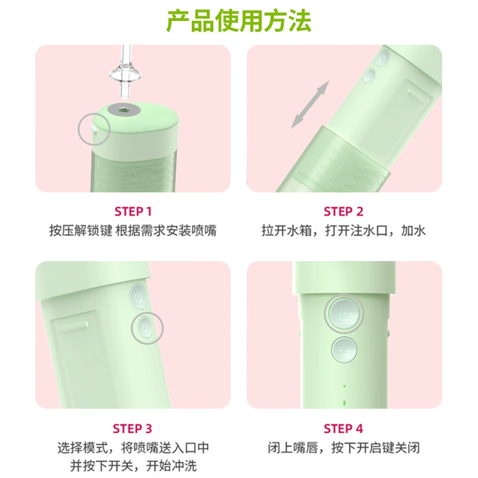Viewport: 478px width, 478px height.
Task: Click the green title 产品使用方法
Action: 238,21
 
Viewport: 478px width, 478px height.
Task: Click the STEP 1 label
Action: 133,212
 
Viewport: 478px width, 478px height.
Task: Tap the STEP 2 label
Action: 344,212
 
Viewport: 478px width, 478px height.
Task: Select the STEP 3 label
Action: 132,428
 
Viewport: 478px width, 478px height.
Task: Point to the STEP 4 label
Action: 344,428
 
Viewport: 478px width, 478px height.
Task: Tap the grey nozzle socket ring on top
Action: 124,109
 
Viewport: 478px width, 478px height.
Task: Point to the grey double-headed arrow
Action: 310,104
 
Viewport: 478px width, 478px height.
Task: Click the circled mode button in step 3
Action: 144,327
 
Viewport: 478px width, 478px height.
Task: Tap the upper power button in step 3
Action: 138,296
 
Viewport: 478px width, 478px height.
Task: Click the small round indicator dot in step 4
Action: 345,386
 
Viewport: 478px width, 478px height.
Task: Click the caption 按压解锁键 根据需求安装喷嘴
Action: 133,231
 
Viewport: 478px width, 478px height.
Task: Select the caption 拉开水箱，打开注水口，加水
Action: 344,231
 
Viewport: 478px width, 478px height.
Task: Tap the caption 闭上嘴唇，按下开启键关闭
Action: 344,448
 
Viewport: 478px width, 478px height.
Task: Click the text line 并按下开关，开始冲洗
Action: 133,466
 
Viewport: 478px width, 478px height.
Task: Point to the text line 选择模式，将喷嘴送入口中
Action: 133,448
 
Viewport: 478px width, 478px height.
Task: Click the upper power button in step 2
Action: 382,57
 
